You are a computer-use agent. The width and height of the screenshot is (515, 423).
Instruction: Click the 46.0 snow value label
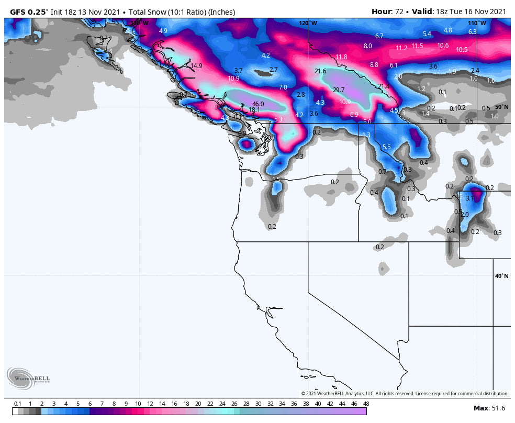click(258, 104)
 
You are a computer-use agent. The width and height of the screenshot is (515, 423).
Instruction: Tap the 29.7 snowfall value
click(339, 90)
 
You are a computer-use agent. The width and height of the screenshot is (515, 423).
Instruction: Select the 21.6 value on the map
click(320, 71)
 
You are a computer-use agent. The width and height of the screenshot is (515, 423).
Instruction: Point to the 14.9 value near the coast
click(196, 66)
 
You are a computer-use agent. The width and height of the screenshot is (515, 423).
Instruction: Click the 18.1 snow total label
click(254, 110)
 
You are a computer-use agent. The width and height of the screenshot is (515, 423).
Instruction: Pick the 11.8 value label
click(341, 57)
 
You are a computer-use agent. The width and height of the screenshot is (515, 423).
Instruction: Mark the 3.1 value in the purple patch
click(469, 198)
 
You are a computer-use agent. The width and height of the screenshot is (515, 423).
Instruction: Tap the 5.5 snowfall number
click(386, 147)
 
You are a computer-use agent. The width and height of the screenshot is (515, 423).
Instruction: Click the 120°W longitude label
click(308, 23)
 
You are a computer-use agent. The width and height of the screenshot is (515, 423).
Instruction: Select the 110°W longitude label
click(476, 23)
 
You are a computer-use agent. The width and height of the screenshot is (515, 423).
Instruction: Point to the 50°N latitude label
click(501, 107)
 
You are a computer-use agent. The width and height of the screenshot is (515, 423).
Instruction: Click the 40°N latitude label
click(501, 276)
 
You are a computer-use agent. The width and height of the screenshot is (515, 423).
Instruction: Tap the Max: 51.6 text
click(489, 408)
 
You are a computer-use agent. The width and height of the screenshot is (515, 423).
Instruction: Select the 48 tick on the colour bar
click(366, 404)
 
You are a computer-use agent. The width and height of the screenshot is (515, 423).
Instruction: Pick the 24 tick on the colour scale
click(222, 404)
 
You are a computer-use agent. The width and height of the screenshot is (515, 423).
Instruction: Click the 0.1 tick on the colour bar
click(17, 404)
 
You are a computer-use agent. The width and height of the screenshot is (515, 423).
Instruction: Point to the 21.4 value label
click(384, 86)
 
